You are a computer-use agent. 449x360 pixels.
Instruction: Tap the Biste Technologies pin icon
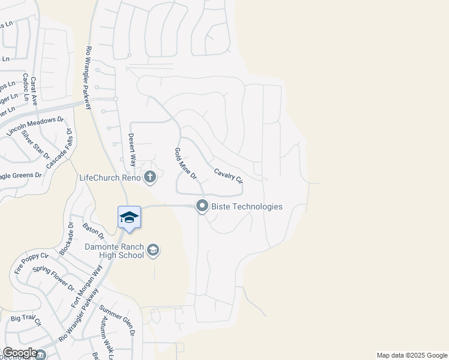point(202,206)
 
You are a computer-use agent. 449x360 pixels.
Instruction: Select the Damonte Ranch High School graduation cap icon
point(153,250)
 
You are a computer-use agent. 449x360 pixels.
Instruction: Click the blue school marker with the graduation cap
point(129,217)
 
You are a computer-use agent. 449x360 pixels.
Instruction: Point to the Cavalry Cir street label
point(229,175)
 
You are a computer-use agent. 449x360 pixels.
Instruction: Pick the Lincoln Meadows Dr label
point(35,127)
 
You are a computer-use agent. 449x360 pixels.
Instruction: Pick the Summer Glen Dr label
point(118,320)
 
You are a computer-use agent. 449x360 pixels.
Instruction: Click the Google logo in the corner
point(20,353)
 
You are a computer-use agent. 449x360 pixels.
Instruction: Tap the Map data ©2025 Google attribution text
point(411,355)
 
